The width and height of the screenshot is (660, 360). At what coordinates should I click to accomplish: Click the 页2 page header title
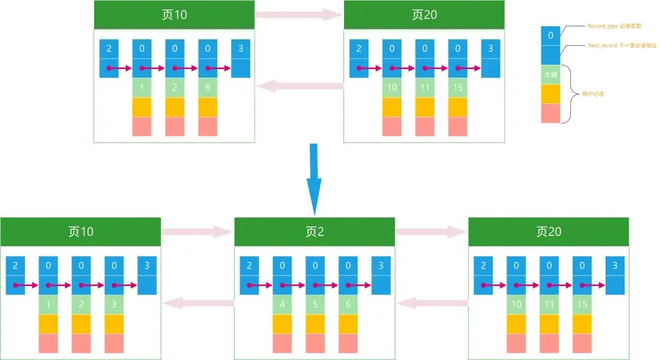(x=314, y=232)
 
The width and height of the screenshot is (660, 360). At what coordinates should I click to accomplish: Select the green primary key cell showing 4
(x=282, y=304)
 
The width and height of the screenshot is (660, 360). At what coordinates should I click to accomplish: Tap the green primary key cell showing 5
(x=315, y=304)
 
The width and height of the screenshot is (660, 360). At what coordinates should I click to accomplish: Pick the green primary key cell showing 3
(x=114, y=304)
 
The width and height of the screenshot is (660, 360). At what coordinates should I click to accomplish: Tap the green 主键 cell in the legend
(x=551, y=75)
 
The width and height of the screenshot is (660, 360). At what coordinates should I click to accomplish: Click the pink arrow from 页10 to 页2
(x=197, y=232)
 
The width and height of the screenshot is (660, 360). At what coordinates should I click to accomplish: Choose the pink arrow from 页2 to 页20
(x=431, y=232)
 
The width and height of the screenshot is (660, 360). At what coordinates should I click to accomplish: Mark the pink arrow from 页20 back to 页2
(x=431, y=302)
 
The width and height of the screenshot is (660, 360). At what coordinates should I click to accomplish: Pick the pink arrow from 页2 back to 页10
(x=198, y=302)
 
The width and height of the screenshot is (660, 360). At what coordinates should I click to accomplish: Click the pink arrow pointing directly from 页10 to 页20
(x=299, y=15)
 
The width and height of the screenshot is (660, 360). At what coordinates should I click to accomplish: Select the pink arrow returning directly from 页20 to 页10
(x=299, y=86)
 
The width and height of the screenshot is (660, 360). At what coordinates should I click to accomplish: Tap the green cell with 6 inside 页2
(x=348, y=304)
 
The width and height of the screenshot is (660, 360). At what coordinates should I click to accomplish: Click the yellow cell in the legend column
(x=551, y=94)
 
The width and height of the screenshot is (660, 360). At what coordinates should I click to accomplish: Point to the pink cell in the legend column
(x=551, y=113)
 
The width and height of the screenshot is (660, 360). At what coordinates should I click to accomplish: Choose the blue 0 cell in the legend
(x=551, y=35)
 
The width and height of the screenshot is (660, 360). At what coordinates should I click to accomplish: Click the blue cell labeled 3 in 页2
(x=381, y=266)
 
